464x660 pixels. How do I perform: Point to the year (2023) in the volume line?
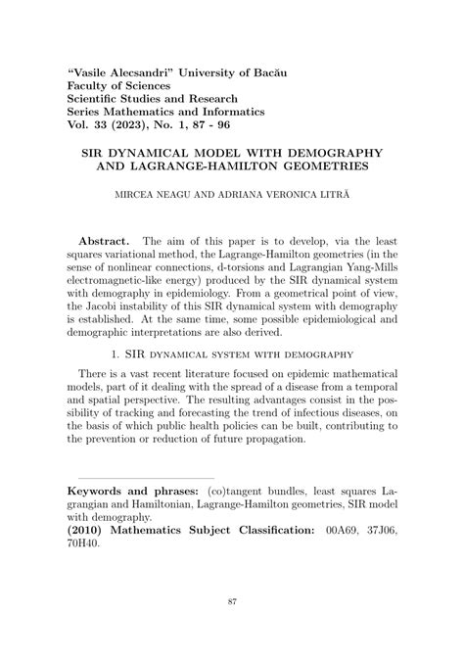point(130,126)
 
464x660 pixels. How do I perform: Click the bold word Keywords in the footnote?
point(98,516)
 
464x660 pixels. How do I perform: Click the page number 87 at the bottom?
point(232,629)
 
